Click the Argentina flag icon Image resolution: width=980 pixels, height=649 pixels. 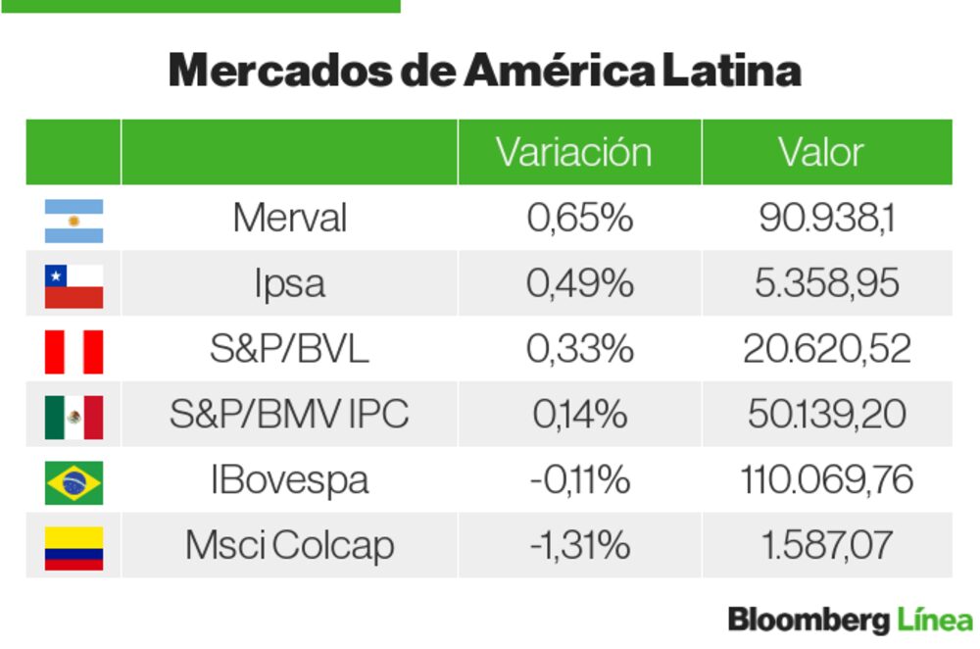pos(73,221)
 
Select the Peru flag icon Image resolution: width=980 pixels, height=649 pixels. pos(73,351)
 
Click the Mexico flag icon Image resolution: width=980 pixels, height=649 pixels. pos(73,417)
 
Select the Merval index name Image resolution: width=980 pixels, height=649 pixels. pos(289,218)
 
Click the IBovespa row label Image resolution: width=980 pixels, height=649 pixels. pos(289,480)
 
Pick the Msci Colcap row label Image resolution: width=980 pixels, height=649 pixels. pos(289,546)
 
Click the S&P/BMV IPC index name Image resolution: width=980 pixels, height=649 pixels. pos(289,415)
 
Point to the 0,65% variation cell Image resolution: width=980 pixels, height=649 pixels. pos(579,218)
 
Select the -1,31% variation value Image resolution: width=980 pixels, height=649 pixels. pos(579,546)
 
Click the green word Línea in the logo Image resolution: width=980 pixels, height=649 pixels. pos(935,620)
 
